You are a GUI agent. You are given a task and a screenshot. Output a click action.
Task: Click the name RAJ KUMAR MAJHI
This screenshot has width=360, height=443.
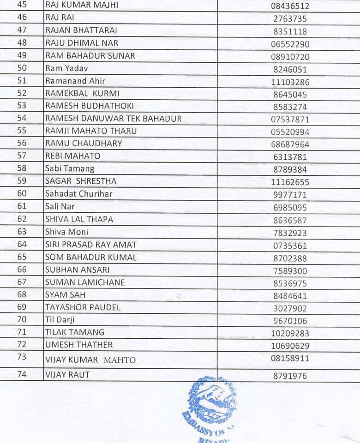pos(82,6)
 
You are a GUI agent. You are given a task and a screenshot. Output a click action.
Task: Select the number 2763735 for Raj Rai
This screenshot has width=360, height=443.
pos(290,19)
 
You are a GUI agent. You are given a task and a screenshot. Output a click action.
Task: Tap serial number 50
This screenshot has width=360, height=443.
pos(22,68)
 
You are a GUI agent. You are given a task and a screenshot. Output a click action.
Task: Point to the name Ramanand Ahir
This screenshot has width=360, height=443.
pos(75,81)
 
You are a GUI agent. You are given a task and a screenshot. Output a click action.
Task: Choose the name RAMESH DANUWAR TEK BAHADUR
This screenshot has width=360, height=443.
pos(113,119)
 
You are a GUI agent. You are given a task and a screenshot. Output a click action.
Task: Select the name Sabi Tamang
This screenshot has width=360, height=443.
pos(70,169)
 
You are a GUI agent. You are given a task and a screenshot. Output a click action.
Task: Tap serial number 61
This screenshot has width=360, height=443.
pos(22,206)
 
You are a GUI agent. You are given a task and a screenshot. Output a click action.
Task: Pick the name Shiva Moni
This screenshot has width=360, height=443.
pos(66,232)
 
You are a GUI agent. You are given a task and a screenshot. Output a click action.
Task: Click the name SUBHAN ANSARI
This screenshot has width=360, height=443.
pos(77,269)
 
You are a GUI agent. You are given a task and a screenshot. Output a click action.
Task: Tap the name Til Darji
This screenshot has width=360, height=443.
pos(60,320)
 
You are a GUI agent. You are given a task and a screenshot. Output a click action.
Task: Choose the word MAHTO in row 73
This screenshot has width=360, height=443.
pos(120,360)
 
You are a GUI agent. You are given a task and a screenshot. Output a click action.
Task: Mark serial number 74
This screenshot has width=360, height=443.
pos(22,375)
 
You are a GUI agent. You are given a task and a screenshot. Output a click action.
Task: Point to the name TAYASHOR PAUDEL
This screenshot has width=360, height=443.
pos(83,307)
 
